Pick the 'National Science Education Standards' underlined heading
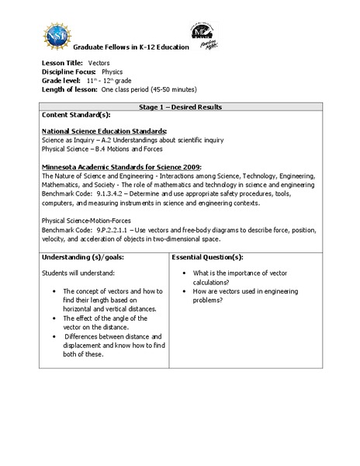(x=105, y=130)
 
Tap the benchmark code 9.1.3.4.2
(x=104, y=194)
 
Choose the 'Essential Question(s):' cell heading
(x=208, y=257)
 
